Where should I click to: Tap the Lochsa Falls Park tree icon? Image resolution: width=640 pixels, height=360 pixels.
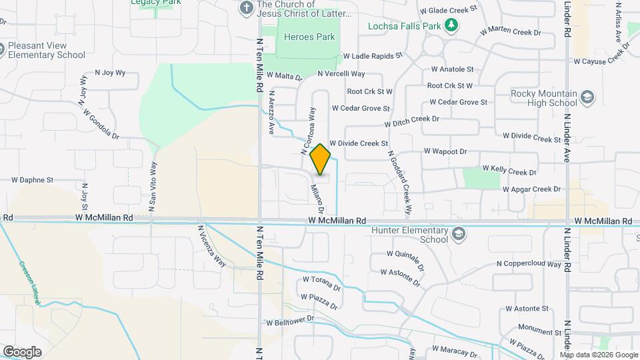pos(452,26)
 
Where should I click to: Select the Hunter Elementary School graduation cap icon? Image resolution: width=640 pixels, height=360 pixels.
pos(459,234)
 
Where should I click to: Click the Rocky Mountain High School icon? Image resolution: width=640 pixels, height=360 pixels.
pos(587,98)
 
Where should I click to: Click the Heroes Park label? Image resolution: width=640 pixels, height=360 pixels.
pos(309,37)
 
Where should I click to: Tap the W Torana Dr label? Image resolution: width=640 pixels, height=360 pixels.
pos(321,284)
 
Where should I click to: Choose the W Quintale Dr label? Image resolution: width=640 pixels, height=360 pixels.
pos(406,259)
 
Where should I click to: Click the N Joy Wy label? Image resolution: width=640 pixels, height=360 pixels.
pos(110,73)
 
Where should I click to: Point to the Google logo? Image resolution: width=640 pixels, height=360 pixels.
pos(22,351)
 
